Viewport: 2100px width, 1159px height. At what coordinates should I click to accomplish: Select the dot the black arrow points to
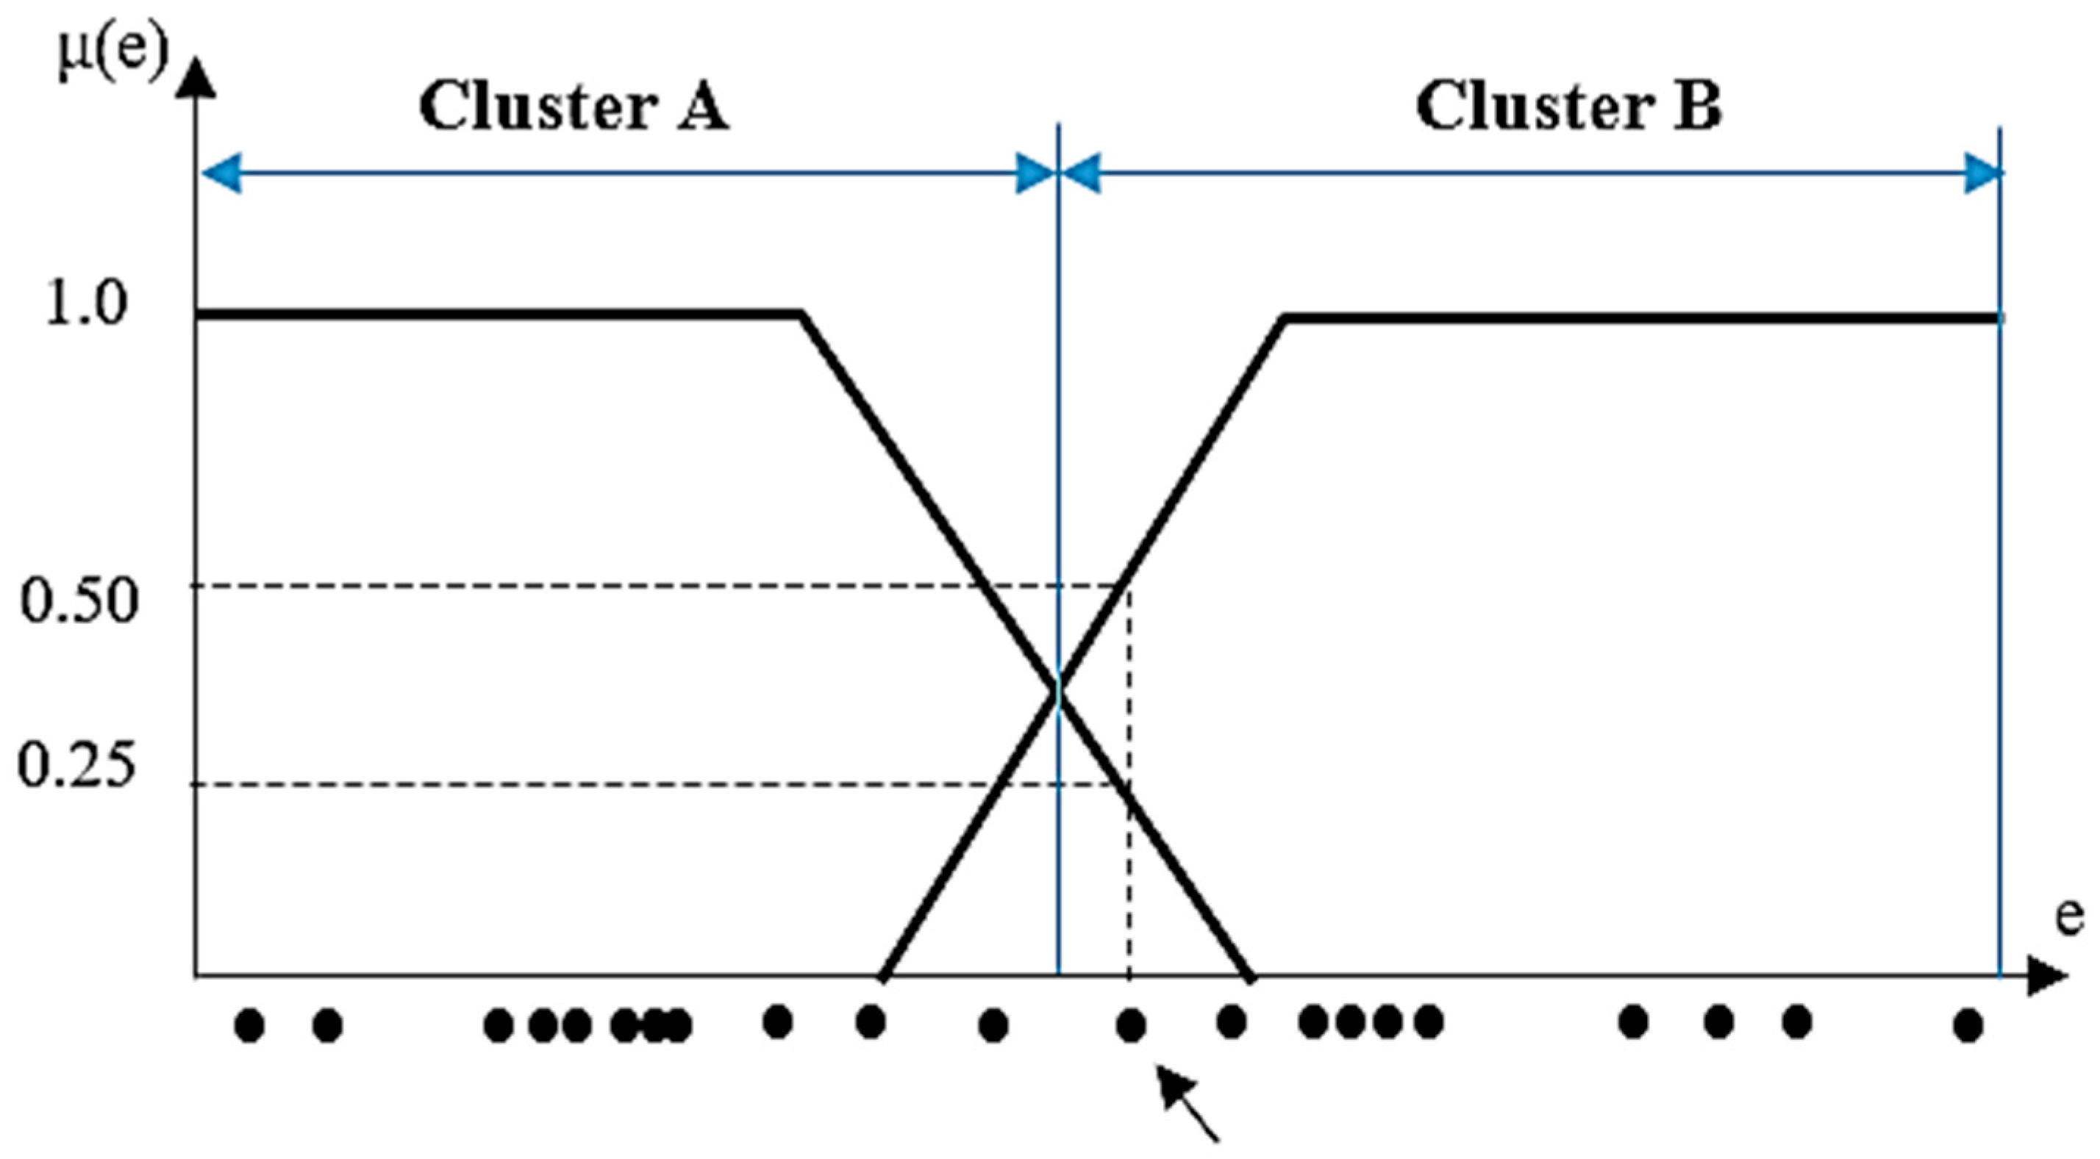[x=1131, y=1025]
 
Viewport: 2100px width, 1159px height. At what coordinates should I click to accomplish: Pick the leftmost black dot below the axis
[x=249, y=1025]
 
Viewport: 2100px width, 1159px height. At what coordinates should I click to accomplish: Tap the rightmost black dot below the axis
[x=1968, y=1025]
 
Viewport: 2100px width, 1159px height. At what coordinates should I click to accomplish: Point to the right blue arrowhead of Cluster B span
[x=1982, y=173]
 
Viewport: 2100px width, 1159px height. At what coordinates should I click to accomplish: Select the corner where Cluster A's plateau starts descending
[x=801, y=314]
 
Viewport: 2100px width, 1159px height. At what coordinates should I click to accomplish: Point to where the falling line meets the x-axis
[x=1250, y=975]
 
